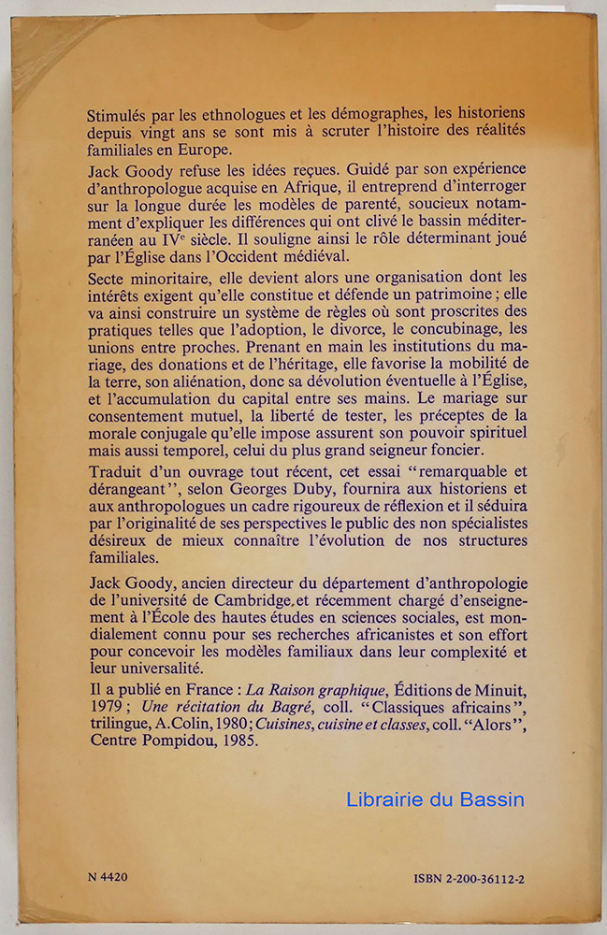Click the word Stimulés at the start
(116, 116)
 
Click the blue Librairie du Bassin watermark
(435, 799)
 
